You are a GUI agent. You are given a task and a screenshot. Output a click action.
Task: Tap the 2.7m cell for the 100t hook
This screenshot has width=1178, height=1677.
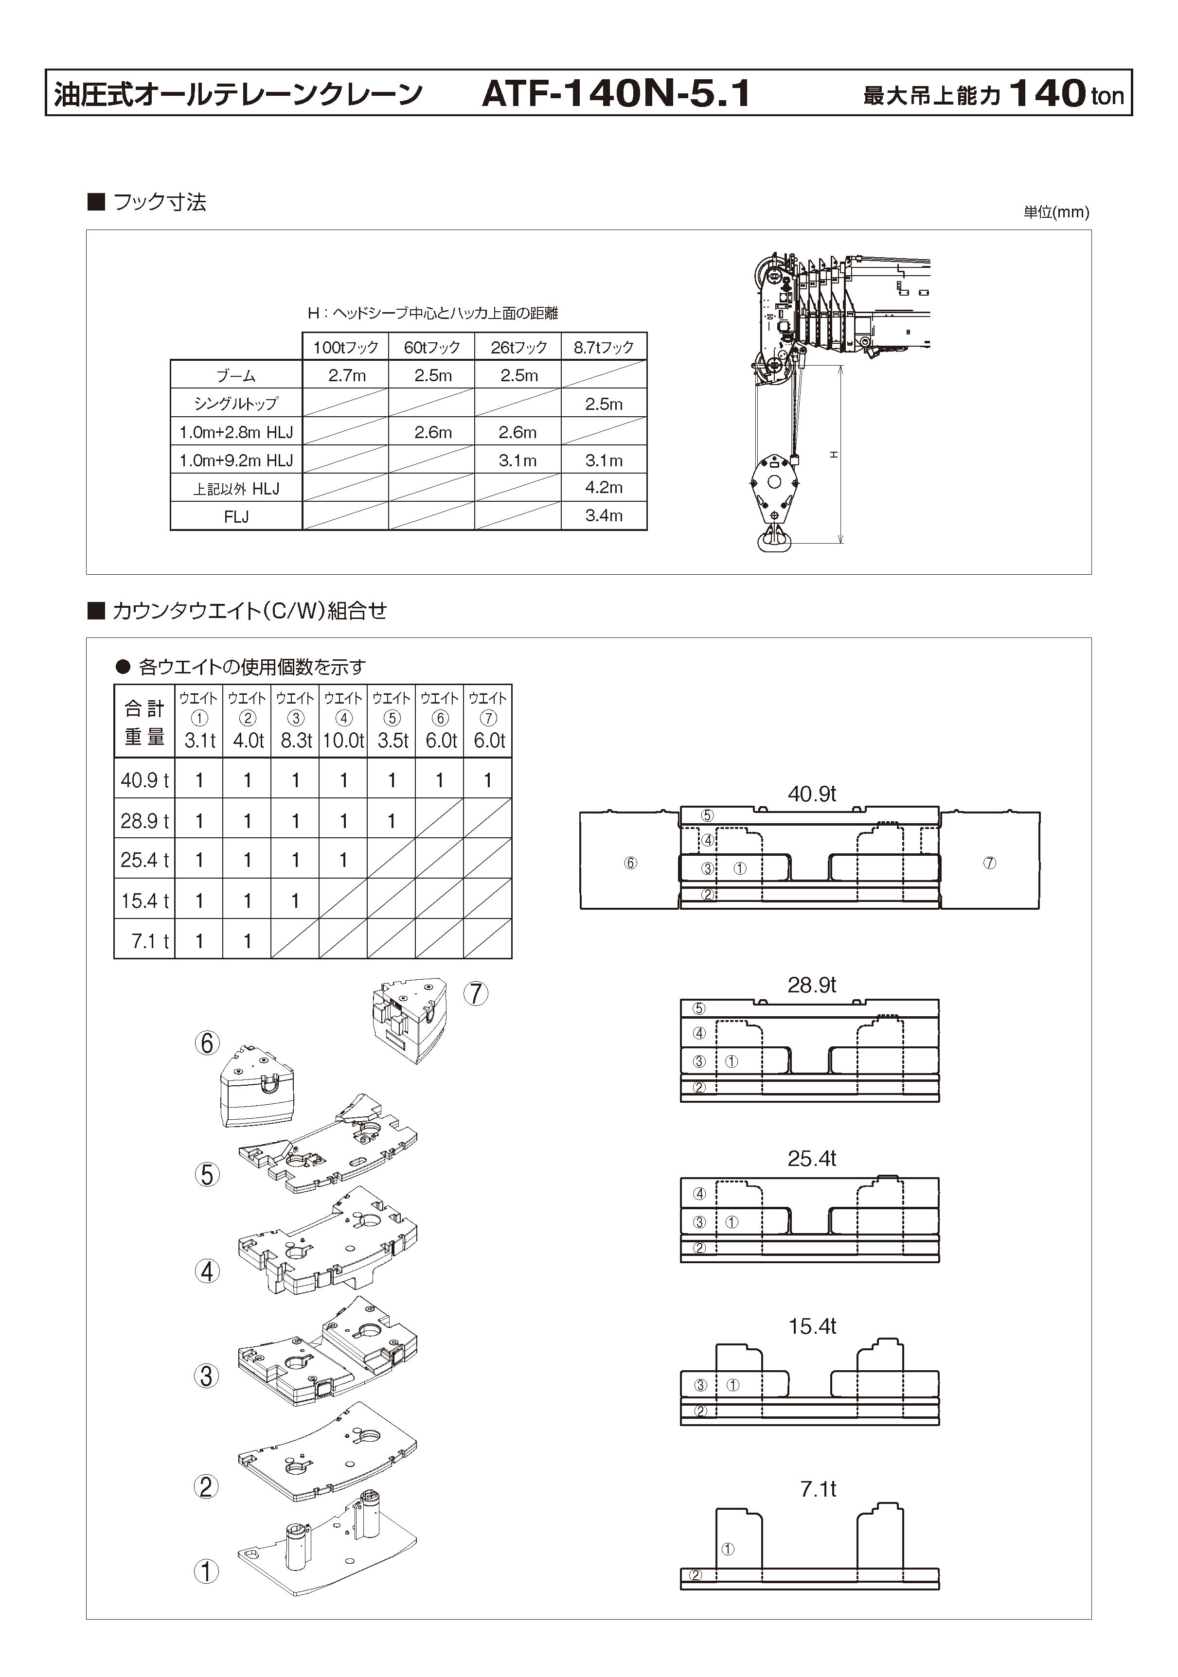(x=346, y=375)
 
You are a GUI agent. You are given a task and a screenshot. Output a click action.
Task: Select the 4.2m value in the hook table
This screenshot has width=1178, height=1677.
(x=604, y=487)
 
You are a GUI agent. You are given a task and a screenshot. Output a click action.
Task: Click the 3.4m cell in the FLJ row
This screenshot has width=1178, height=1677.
(x=604, y=516)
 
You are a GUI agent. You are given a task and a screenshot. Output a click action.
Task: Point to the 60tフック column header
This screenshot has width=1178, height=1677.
(x=432, y=348)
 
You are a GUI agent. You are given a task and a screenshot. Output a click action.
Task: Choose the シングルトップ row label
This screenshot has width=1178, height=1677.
(x=236, y=403)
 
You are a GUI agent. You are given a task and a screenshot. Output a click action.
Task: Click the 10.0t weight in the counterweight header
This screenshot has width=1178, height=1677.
(x=343, y=741)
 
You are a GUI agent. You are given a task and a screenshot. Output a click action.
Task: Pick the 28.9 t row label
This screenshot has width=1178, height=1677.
(x=144, y=821)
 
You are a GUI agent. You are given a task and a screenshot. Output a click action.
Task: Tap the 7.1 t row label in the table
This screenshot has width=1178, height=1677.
(x=150, y=941)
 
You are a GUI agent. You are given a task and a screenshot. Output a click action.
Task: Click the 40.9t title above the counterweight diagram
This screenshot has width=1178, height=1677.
(x=812, y=794)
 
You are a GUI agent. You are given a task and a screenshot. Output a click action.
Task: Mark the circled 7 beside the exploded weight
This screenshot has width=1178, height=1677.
(x=476, y=993)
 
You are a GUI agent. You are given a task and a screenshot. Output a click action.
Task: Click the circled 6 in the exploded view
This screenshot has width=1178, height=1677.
(x=207, y=1043)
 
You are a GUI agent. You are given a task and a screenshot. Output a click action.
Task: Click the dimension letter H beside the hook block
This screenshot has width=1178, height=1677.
(x=834, y=454)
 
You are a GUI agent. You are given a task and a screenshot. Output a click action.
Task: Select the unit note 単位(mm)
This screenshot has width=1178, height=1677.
(x=1056, y=212)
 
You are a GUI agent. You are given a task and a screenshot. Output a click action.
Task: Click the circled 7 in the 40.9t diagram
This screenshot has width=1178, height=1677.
(x=989, y=863)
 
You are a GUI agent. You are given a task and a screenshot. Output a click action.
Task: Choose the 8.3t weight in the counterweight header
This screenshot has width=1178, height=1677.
(x=296, y=741)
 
